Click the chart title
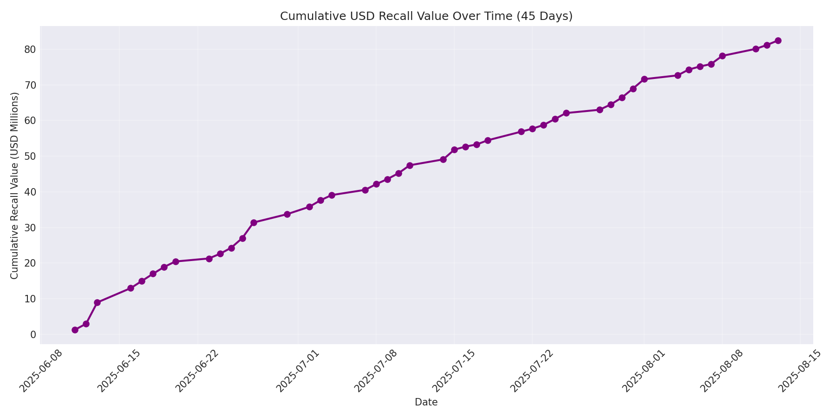(x=426, y=16)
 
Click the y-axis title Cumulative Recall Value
(x=14, y=186)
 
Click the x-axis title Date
(x=426, y=402)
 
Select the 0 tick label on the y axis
(x=33, y=334)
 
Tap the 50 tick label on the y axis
(x=30, y=156)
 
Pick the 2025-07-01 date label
(x=296, y=372)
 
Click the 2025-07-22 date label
(x=530, y=372)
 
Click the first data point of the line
(x=75, y=330)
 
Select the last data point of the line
(x=778, y=40)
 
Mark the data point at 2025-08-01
(x=644, y=79)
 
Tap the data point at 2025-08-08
(x=722, y=56)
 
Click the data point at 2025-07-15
(x=454, y=150)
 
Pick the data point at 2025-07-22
(x=532, y=129)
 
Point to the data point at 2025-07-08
(x=376, y=184)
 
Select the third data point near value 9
(x=97, y=302)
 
